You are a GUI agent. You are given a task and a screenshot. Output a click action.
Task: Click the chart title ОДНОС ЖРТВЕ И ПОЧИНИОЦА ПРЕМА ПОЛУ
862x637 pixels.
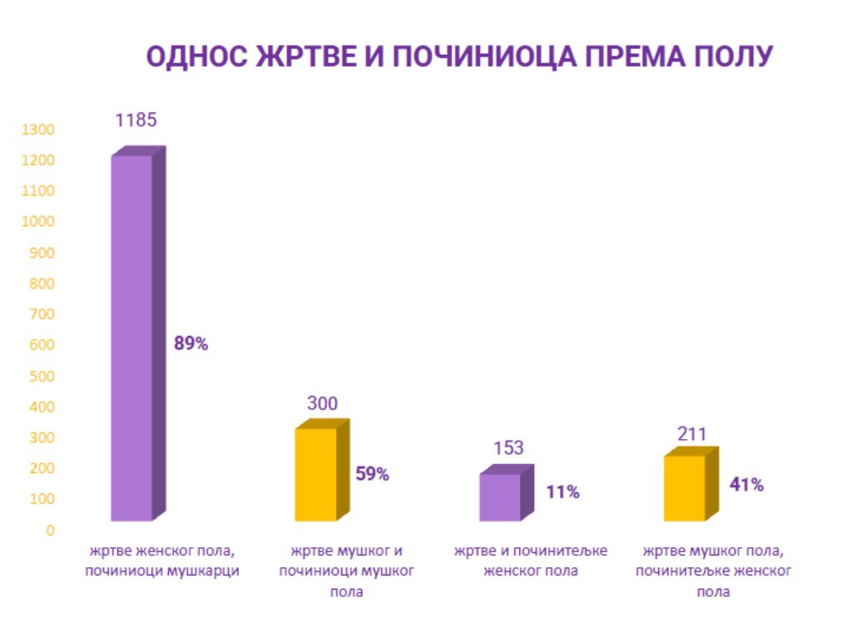pyautogui.click(x=460, y=57)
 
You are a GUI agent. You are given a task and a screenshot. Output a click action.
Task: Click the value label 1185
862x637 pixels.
pyautogui.click(x=136, y=120)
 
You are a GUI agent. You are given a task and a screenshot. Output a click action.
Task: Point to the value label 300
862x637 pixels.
pyautogui.click(x=322, y=404)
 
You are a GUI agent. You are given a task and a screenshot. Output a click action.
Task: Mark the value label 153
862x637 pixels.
pyautogui.click(x=508, y=448)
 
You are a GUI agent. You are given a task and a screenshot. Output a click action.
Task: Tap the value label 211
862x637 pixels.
pyautogui.click(x=691, y=434)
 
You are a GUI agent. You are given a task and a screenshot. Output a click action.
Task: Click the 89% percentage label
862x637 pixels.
pyautogui.click(x=191, y=343)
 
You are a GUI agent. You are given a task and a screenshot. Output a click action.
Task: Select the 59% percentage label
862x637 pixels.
pyautogui.click(x=372, y=475)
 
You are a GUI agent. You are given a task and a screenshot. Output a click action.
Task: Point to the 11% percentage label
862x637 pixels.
pyautogui.click(x=562, y=492)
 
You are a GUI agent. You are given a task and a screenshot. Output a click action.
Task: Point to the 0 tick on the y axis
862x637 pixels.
pyautogui.click(x=51, y=530)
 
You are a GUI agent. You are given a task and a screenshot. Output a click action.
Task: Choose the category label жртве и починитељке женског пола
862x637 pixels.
pyautogui.click(x=531, y=561)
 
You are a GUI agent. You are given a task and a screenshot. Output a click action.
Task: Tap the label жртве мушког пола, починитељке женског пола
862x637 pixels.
pyautogui.click(x=714, y=572)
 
